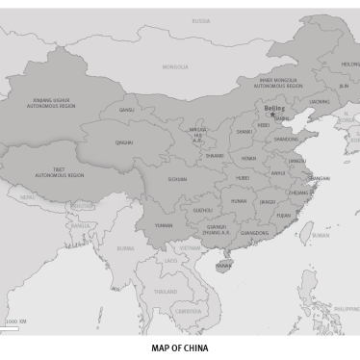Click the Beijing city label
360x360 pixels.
[x=274, y=109]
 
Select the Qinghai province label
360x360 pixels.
[x=124, y=142]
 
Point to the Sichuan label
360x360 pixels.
[x=177, y=179]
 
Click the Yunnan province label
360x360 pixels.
[x=164, y=225]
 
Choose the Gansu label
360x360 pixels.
[x=127, y=110]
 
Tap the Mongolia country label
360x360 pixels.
[x=175, y=67]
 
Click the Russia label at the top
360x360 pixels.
[x=200, y=20]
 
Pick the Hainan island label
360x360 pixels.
[x=223, y=265]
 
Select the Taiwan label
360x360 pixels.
[x=320, y=235]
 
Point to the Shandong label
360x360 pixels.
[x=286, y=139]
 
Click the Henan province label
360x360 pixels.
[x=248, y=158]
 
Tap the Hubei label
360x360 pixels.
[x=243, y=178]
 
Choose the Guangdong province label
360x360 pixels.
[x=255, y=233]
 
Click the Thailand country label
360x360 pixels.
[x=166, y=291]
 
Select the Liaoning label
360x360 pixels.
[x=320, y=101]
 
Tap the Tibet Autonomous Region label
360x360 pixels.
[x=60, y=172]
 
